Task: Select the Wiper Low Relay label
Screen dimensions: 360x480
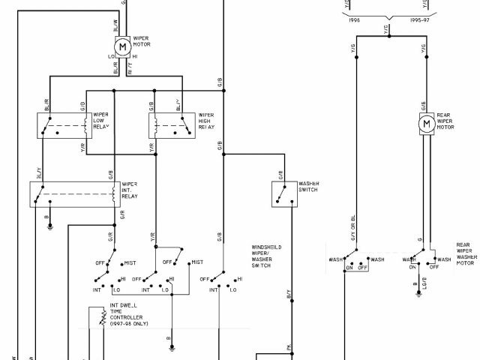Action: click(100, 121)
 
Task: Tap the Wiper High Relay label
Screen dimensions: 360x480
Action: click(206, 121)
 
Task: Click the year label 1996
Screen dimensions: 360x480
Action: click(355, 22)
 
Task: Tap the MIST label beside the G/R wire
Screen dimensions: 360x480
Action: click(130, 262)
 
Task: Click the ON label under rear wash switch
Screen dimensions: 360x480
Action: click(349, 268)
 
